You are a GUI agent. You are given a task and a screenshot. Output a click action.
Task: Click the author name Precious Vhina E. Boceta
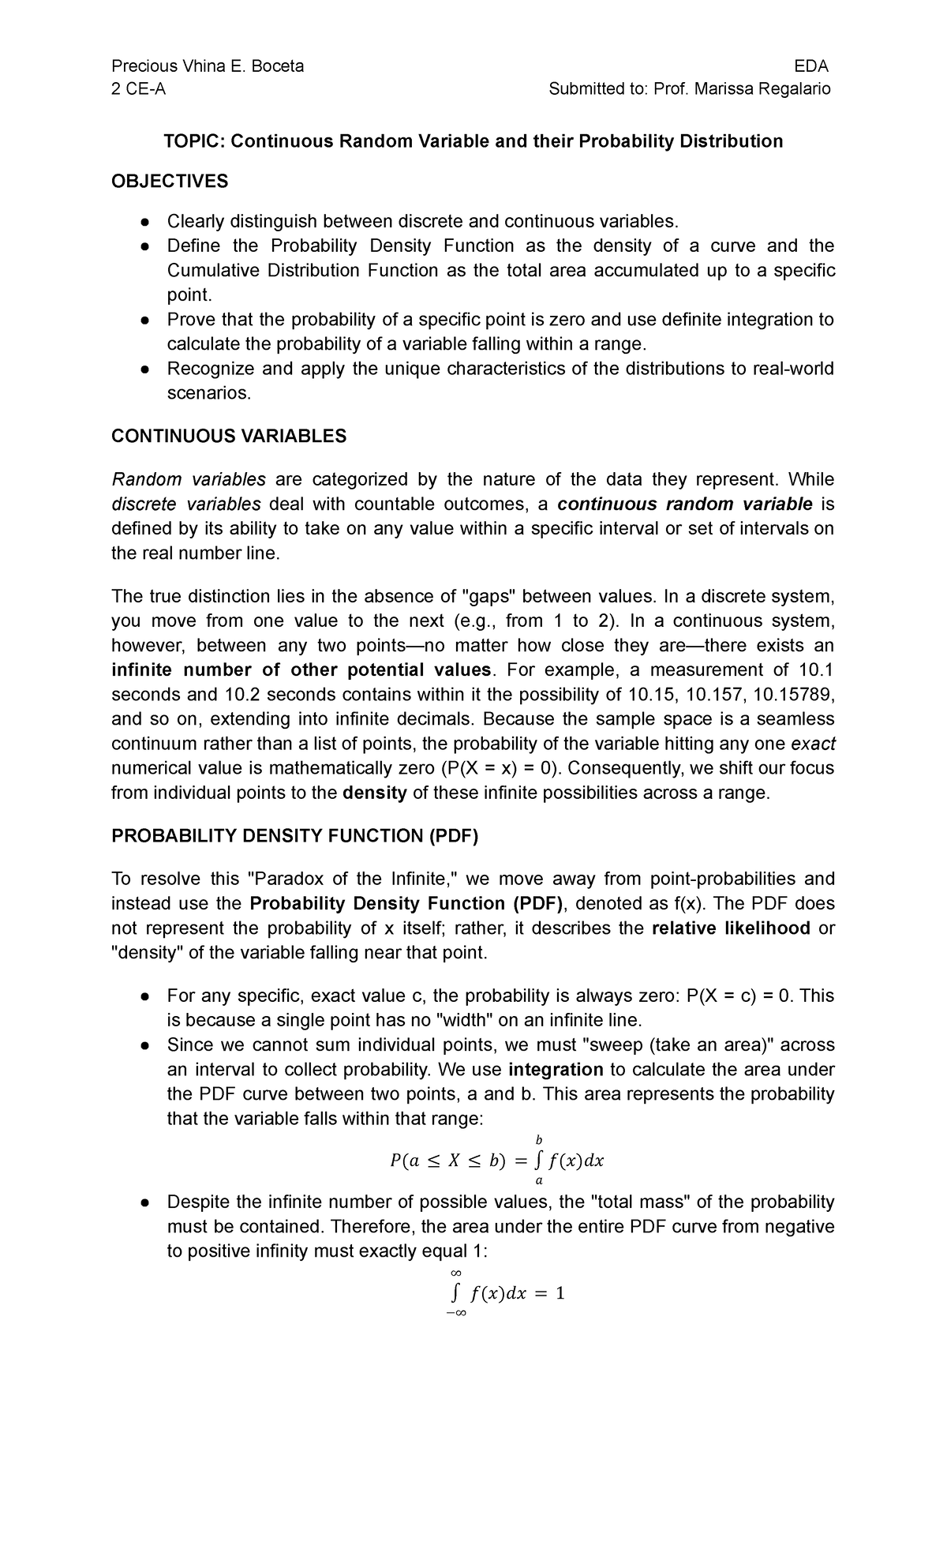coord(208,66)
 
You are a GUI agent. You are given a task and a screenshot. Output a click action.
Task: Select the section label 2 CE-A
coord(139,88)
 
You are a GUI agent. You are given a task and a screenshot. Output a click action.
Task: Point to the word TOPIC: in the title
coord(194,141)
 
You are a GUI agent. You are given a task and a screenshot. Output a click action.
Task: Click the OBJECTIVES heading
coord(170,182)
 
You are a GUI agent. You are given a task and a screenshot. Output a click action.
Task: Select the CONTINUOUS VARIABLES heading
coord(229,437)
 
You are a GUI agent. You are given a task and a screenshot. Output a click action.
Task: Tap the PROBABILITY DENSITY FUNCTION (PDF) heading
coord(295,836)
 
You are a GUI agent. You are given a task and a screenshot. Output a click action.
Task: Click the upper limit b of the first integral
coord(539,1139)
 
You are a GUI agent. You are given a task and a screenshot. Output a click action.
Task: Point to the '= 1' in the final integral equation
coord(549,1293)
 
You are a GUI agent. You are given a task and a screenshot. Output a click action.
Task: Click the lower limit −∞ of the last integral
coord(456,1313)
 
